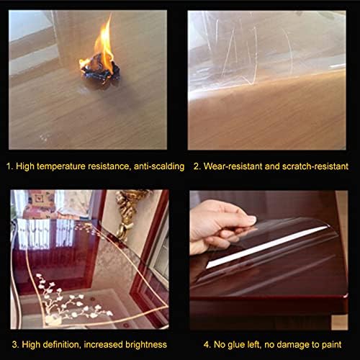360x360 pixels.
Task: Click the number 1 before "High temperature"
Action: tap(9, 166)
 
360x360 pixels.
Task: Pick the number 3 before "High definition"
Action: tap(15, 344)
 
